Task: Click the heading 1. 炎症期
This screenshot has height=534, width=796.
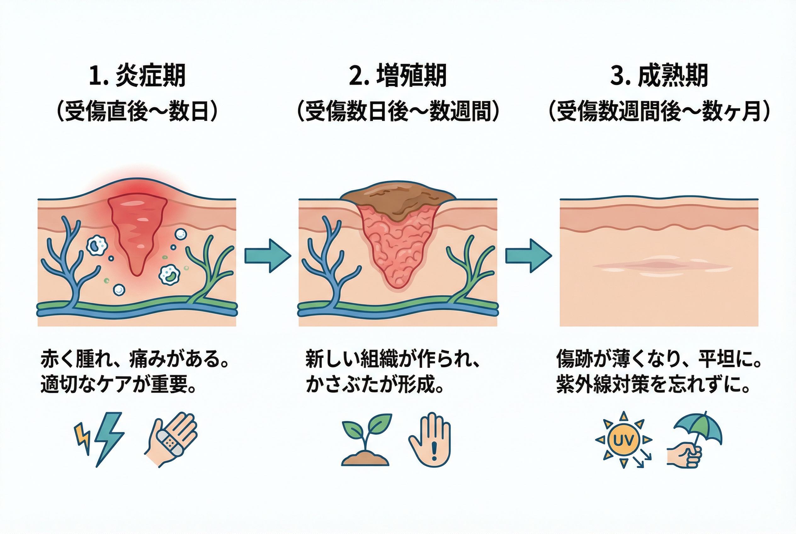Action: (x=137, y=76)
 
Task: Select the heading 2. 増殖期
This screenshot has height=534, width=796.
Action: (x=397, y=76)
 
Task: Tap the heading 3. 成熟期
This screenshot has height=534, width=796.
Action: (x=659, y=76)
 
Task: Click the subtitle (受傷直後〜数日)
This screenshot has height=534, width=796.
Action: (x=137, y=111)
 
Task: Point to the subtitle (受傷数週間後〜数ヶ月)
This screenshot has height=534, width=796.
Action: (x=659, y=111)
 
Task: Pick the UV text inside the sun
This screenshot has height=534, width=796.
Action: (x=623, y=441)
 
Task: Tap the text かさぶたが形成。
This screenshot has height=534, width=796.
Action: (x=375, y=385)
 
